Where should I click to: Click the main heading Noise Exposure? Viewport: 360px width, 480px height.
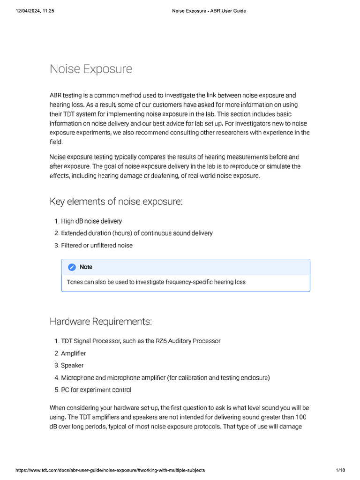[91, 69]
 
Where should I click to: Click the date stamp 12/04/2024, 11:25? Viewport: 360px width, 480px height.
[28, 11]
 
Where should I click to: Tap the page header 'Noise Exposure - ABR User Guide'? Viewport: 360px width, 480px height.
[206, 11]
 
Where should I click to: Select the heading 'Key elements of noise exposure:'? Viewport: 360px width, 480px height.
[116, 202]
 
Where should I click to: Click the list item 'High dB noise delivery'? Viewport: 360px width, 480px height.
[91, 221]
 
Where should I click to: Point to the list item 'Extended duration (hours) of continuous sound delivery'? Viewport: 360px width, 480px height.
[136, 233]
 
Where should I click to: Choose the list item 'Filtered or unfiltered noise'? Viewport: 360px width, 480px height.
[97, 245]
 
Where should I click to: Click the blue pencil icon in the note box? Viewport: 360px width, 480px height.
[72, 267]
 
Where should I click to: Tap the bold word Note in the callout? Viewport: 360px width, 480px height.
[86, 267]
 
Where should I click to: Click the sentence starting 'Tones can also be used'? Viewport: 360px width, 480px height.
[156, 282]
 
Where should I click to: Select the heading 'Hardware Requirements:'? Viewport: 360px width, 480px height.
[101, 322]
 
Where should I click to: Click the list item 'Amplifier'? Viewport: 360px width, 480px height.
[73, 353]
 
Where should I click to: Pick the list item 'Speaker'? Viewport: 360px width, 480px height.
[72, 365]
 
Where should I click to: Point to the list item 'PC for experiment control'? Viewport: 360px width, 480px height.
[96, 390]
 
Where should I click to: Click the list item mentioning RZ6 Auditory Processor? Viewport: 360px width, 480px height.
[141, 341]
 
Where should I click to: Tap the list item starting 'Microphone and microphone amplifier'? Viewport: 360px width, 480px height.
[165, 377]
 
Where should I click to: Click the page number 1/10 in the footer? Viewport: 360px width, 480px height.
[340, 470]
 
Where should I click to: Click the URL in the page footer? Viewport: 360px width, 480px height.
[110, 470]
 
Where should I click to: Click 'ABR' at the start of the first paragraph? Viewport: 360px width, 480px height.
[56, 95]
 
